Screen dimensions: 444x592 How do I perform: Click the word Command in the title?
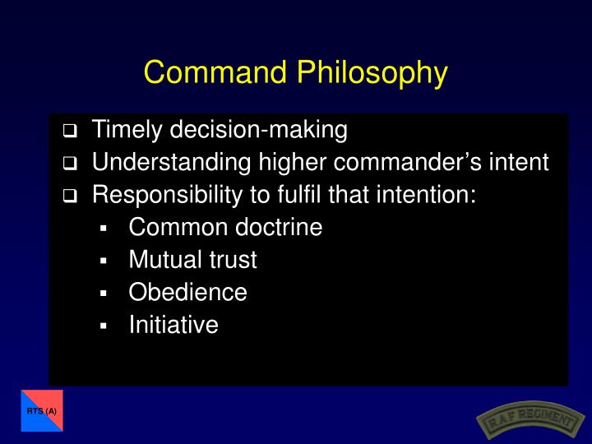[x=215, y=72]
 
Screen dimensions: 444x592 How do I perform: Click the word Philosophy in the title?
[x=372, y=72]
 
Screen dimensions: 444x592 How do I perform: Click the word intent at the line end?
[x=524, y=162]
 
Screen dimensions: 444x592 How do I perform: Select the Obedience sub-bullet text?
[x=187, y=293]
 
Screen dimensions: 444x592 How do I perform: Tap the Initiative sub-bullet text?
[x=173, y=325]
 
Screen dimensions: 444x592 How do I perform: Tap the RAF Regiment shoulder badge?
[x=525, y=419]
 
